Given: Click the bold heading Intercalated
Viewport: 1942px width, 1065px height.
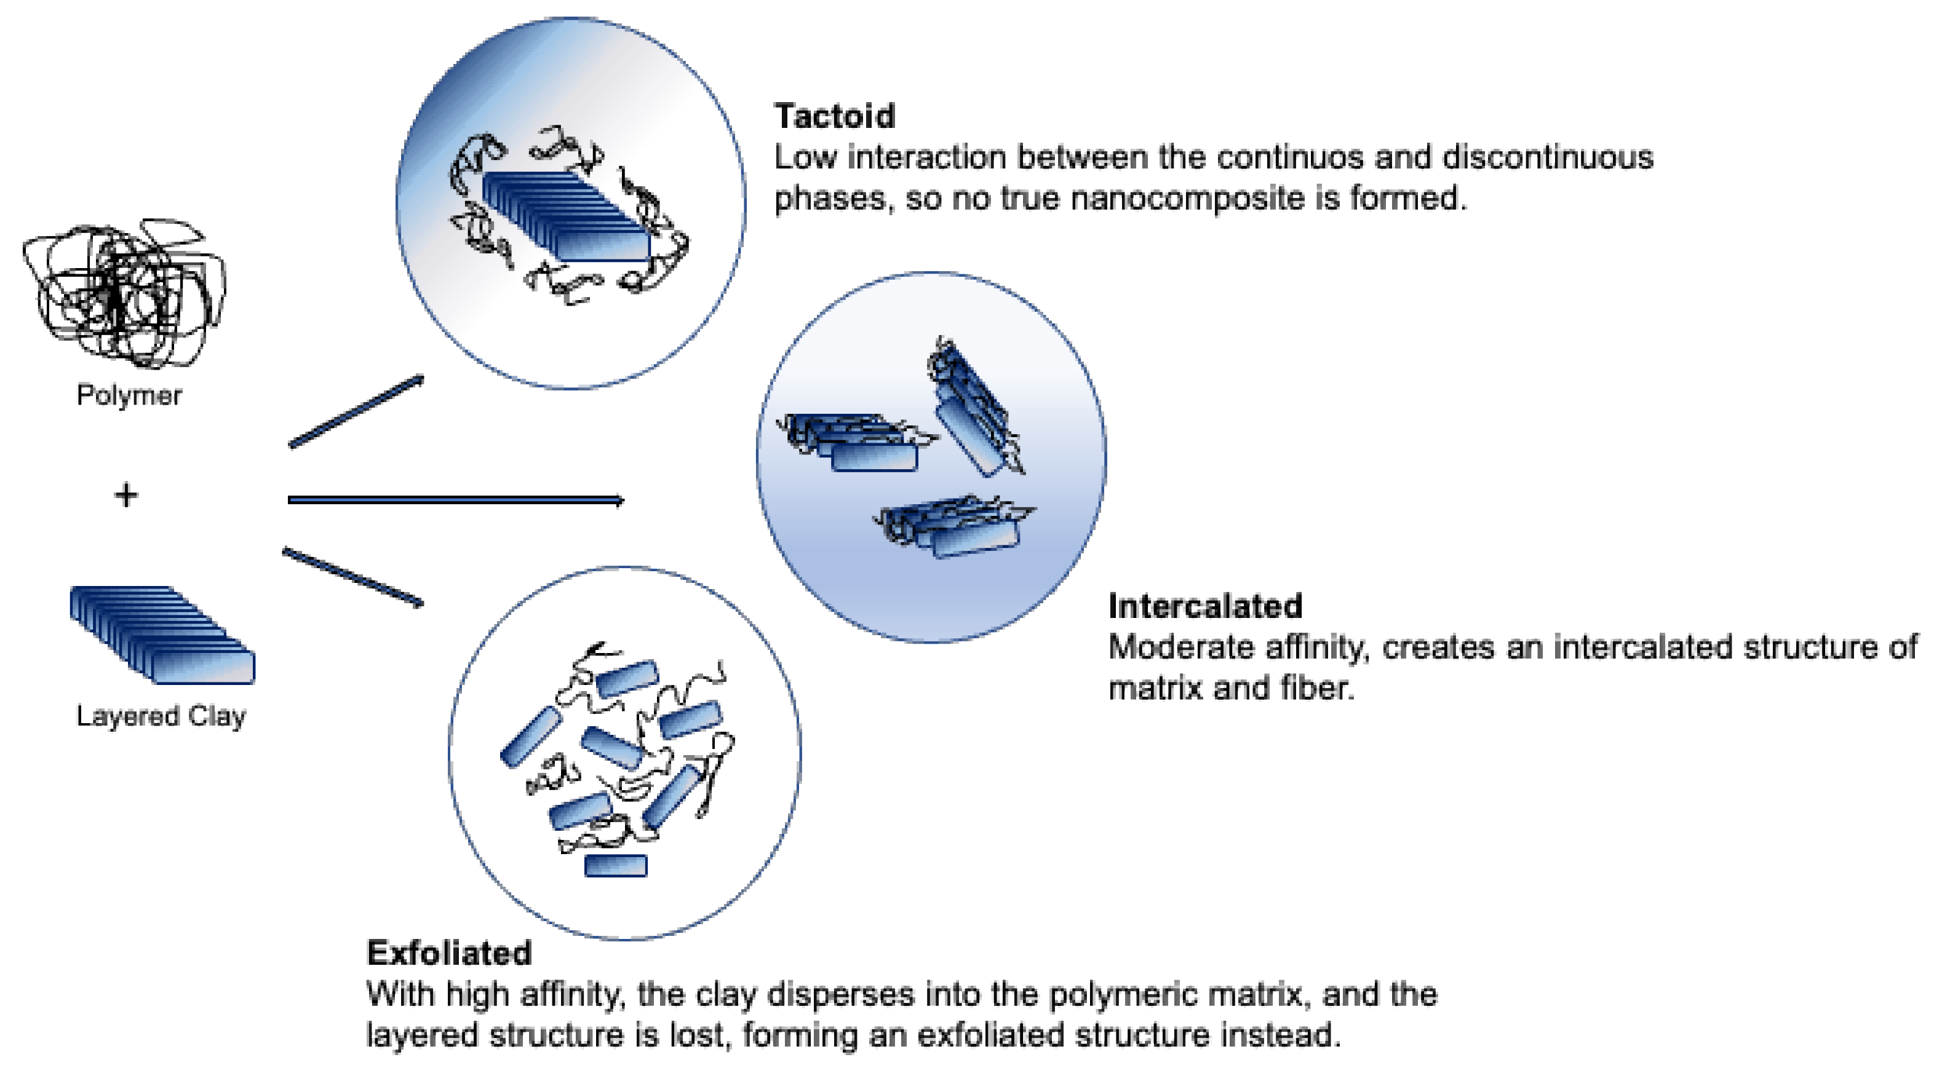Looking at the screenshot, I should click(1204, 606).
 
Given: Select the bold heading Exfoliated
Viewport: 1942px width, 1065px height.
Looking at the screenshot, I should click(448, 954).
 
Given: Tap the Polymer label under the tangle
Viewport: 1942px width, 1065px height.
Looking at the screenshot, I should click(129, 395).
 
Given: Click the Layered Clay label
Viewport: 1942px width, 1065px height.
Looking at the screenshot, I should click(161, 716).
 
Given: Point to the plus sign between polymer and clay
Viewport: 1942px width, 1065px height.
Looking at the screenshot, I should click(126, 495).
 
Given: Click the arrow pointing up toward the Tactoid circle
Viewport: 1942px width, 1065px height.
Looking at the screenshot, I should click(356, 411).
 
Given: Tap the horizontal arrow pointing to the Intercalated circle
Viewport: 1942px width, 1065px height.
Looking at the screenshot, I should click(455, 500).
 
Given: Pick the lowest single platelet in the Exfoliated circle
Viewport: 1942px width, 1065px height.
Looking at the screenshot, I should click(616, 865).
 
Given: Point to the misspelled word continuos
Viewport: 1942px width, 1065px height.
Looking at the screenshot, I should click(1290, 157).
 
